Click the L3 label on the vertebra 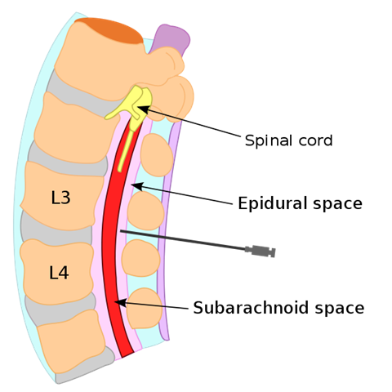click(60, 198)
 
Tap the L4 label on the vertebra click(59, 273)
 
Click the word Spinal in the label click(269, 141)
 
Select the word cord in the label click(316, 140)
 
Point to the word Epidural click(274, 203)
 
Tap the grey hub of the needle click(261, 251)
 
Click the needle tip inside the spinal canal click(121, 231)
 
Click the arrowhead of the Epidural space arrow click(137, 186)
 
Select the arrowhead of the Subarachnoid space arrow click(120, 302)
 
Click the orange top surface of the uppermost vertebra click(109, 30)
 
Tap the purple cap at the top click(171, 39)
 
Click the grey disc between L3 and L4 click(56, 229)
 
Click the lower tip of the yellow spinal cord click(120, 170)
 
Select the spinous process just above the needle click(146, 210)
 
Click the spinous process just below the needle click(140, 258)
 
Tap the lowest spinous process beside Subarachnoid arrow click(145, 308)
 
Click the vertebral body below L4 click(71, 341)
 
